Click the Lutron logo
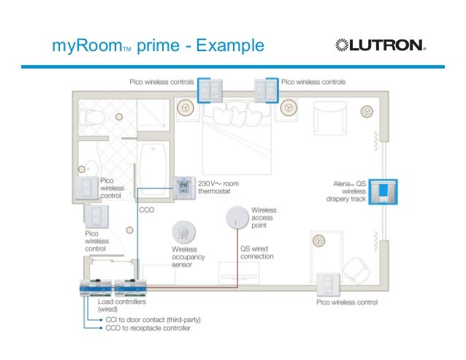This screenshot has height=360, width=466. pyautogui.click(x=379, y=45)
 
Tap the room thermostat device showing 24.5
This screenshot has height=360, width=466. pyautogui.click(x=183, y=188)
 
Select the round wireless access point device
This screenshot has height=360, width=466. pyautogui.click(x=237, y=217)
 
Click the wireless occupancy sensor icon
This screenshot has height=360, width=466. pyautogui.click(x=183, y=232)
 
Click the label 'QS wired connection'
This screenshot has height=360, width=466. pyautogui.click(x=256, y=252)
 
